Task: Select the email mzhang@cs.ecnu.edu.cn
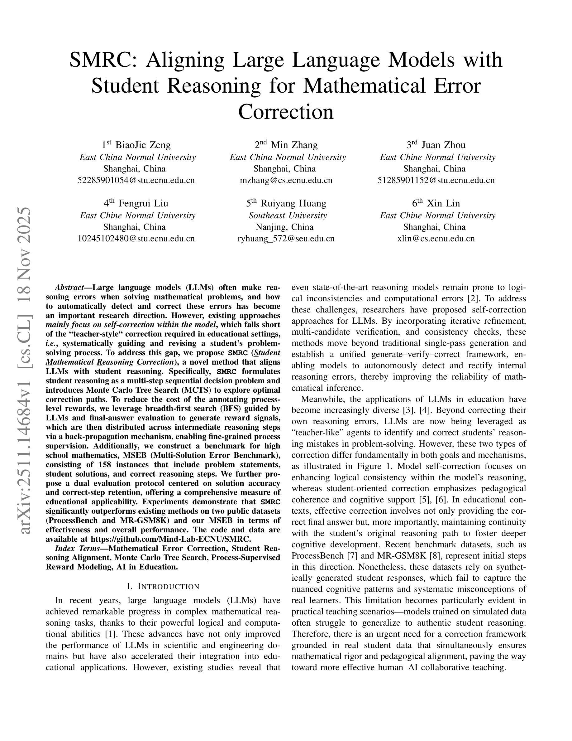coord(286,180)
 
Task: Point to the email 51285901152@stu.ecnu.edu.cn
coord(436,180)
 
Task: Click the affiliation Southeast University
coord(288,216)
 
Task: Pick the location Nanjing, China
coord(284,227)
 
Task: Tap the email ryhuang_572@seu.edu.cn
coord(286,239)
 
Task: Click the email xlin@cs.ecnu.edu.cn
coord(436,239)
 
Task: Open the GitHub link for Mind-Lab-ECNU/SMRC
coord(171,539)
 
